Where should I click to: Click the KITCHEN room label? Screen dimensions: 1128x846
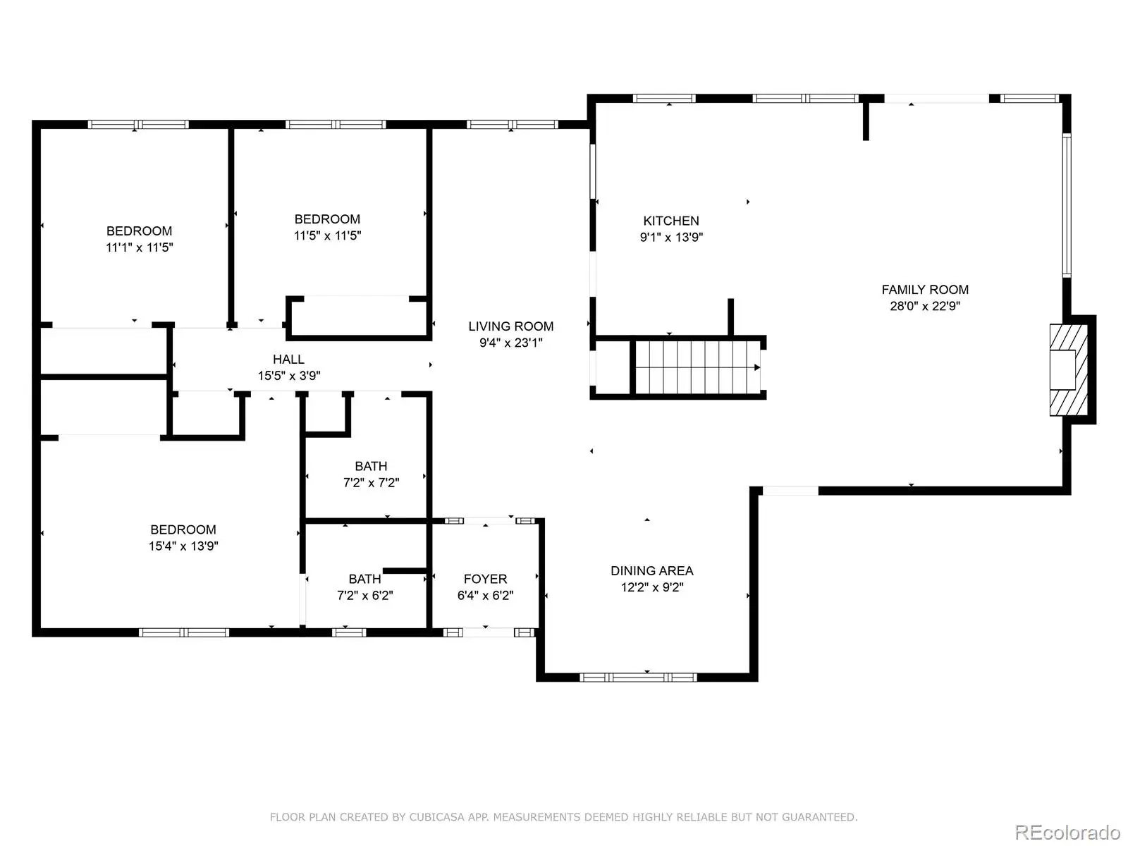coord(671,221)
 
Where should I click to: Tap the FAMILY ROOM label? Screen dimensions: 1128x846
coord(925,290)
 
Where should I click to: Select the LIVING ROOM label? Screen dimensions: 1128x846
coord(511,326)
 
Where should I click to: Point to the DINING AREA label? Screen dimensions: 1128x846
coord(651,570)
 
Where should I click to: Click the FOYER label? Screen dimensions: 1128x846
coord(485,579)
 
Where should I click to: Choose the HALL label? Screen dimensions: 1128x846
coord(288,359)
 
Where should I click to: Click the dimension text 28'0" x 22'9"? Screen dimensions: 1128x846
coord(925,306)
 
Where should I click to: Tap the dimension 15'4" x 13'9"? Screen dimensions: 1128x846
coord(183,546)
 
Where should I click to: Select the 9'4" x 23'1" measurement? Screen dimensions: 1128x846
coord(511,343)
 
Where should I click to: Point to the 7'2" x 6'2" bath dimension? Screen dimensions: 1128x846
coord(365,595)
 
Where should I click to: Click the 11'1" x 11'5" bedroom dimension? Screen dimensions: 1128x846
coord(140,247)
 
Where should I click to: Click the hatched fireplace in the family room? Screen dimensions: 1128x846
coord(1068,370)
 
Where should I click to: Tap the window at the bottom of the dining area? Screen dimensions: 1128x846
coord(638,678)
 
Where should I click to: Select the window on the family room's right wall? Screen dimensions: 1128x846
coord(1067,205)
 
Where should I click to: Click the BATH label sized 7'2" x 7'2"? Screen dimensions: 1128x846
coord(371,466)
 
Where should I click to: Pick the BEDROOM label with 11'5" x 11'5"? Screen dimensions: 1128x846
coord(327,219)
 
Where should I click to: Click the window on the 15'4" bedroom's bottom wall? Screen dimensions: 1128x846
coord(184,632)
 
